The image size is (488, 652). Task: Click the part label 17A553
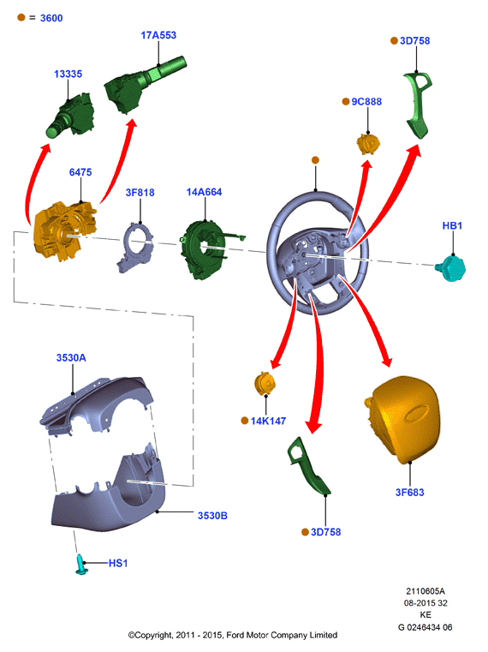tap(158, 35)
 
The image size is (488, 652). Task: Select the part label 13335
tap(68, 74)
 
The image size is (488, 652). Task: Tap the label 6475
tap(80, 172)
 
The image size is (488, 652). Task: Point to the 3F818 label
tap(140, 193)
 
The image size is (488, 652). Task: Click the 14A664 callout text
tap(204, 192)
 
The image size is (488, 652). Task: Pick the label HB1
tap(452, 226)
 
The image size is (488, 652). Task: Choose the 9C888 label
tap(366, 102)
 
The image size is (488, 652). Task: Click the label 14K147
tap(268, 422)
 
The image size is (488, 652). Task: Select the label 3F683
tap(410, 493)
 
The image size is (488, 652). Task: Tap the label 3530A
tap(71, 358)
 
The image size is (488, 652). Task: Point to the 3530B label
tap(212, 516)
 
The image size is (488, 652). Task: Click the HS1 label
tap(118, 564)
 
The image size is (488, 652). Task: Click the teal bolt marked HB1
tap(450, 268)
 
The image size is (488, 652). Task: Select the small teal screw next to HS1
tap(81, 565)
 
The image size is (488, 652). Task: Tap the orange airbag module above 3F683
tap(402, 420)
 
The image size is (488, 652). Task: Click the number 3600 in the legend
tap(51, 18)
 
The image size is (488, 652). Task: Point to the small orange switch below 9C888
tap(368, 144)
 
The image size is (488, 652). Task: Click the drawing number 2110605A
tap(426, 591)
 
